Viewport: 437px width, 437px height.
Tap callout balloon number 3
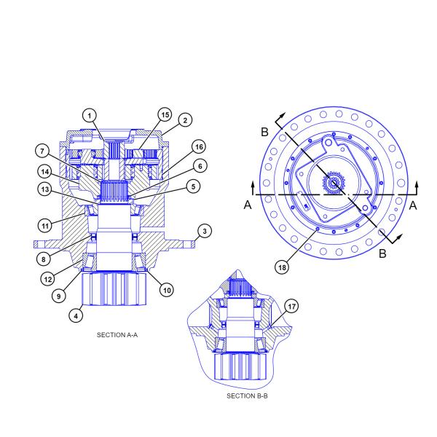[206, 231]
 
